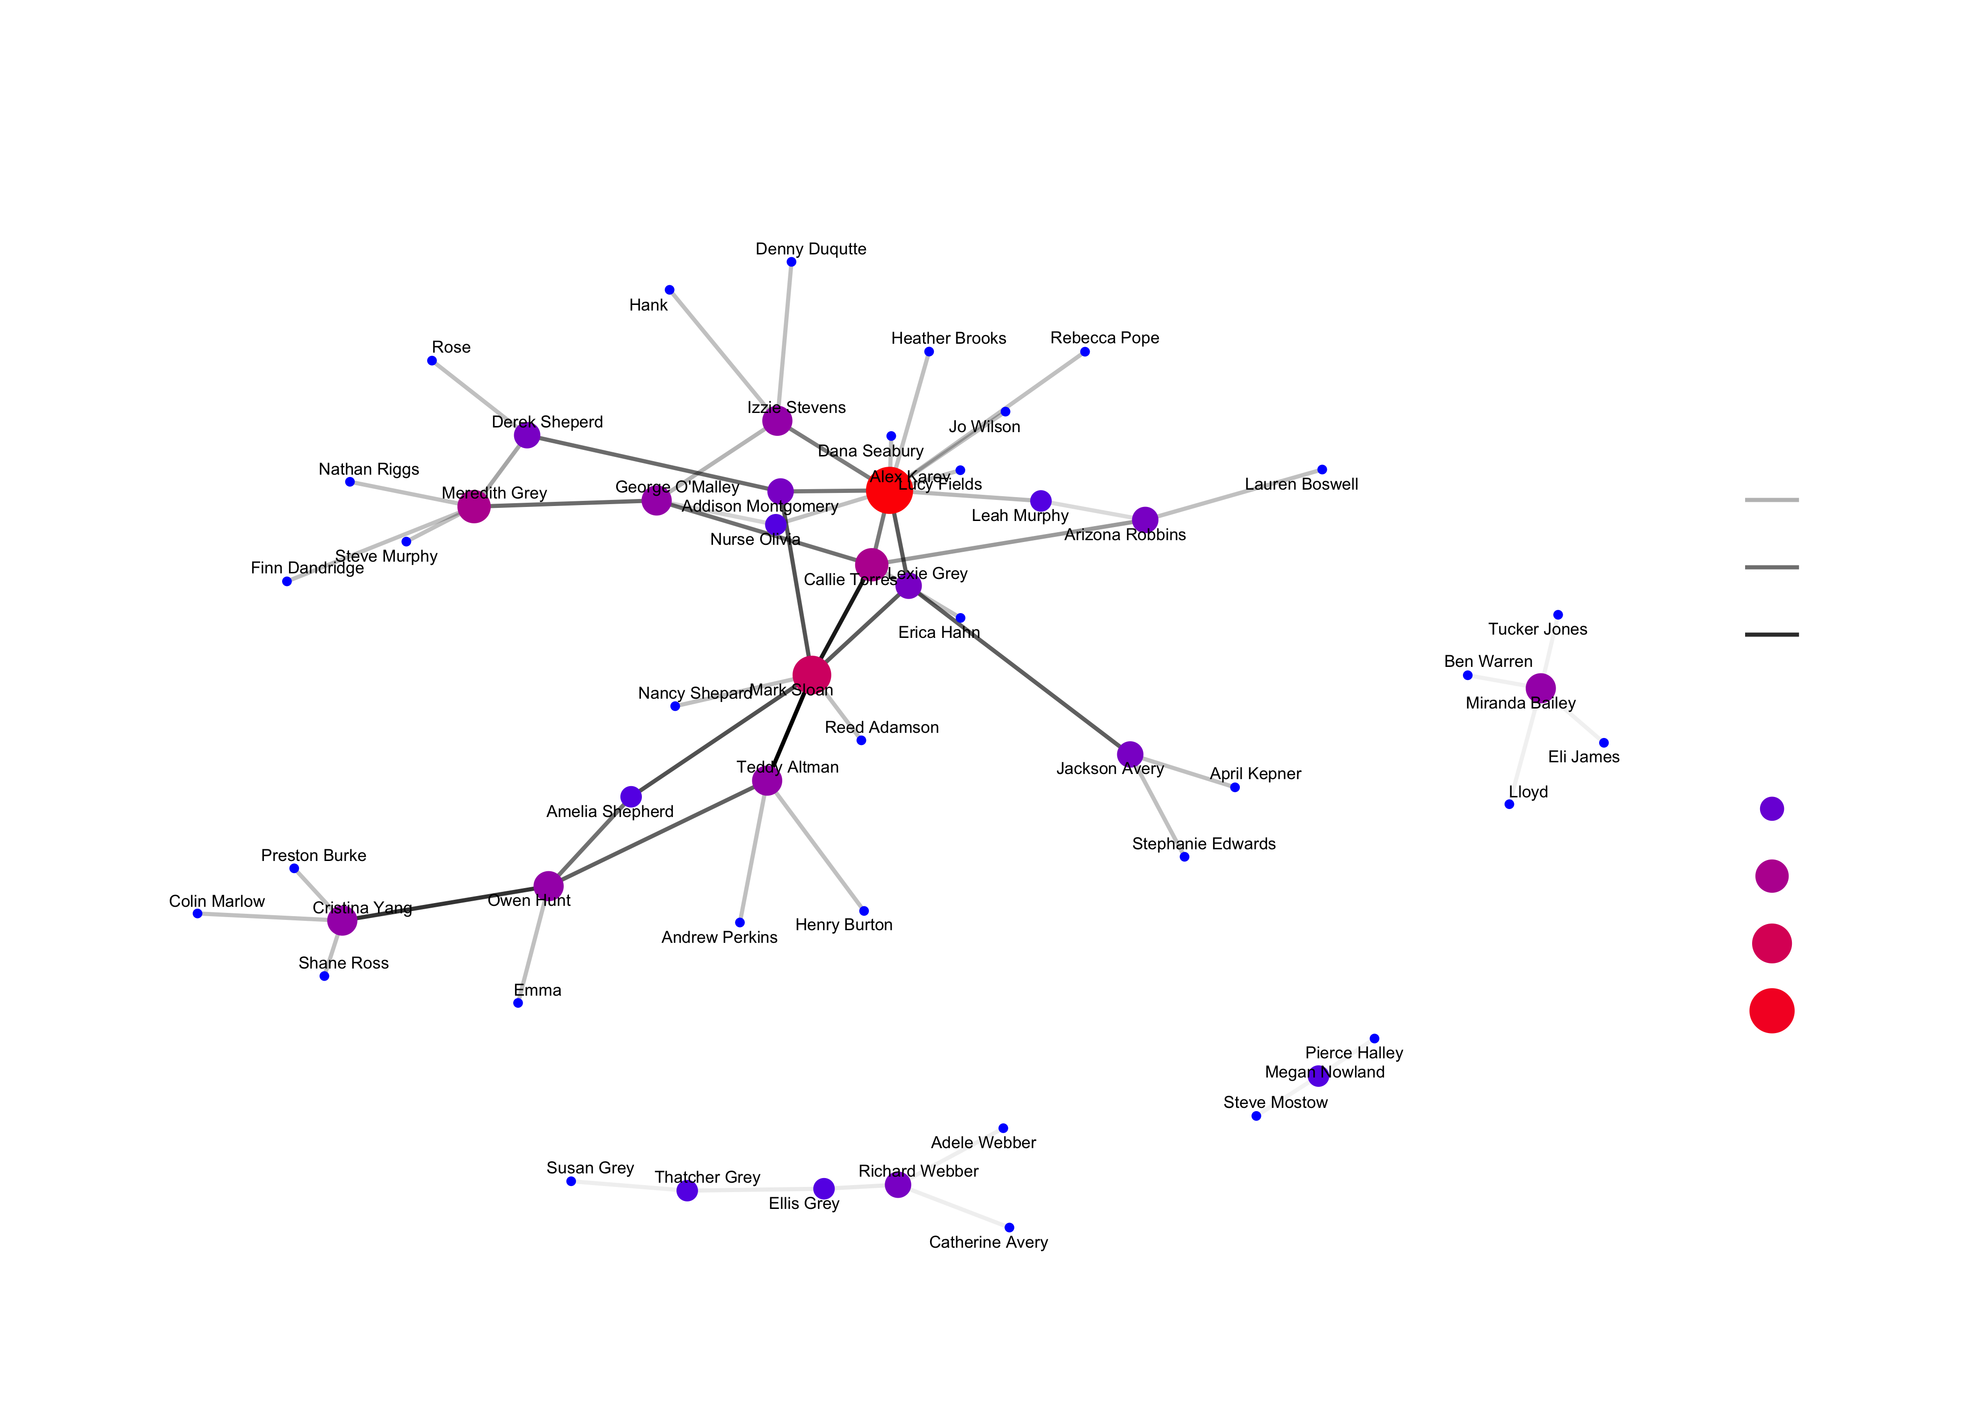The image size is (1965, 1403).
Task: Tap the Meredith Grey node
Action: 473,506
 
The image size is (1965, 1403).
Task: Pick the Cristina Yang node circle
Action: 342,921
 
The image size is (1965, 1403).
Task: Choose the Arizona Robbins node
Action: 1145,519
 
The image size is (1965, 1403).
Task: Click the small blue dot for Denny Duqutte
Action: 792,262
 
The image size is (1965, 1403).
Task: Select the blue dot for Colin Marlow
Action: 198,913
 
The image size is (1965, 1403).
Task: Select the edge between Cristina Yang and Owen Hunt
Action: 445,904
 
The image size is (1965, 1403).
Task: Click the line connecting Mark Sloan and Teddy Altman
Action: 789,728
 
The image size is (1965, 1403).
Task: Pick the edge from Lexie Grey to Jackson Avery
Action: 1019,670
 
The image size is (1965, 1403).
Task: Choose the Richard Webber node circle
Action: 898,1185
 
